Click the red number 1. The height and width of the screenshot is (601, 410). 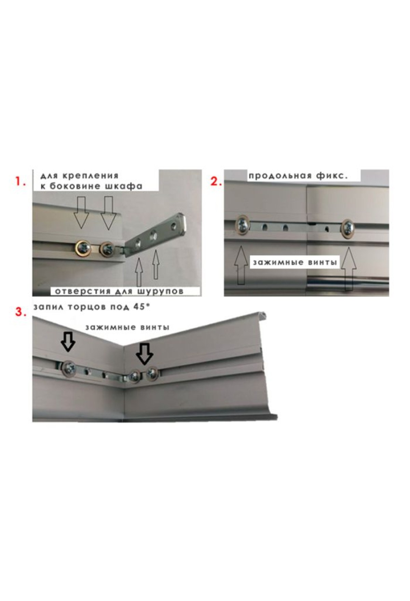[x=20, y=181]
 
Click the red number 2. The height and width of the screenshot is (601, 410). [x=216, y=181]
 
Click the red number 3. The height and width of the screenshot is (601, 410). [x=20, y=312]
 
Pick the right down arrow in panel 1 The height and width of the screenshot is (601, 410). [x=108, y=212]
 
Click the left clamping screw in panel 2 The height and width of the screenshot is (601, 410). [x=243, y=225]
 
